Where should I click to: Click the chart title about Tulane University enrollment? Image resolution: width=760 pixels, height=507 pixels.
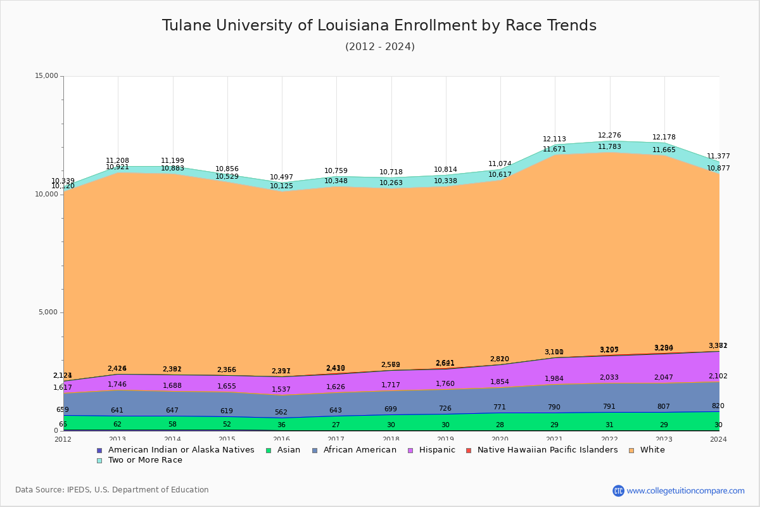[379, 25]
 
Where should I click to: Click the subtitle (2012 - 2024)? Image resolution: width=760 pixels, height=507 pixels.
[380, 47]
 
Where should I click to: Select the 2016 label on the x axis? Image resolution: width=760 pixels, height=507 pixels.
[281, 439]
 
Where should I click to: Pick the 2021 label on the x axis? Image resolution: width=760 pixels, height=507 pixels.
[554, 439]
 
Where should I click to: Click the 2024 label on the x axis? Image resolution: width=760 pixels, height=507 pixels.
[718, 439]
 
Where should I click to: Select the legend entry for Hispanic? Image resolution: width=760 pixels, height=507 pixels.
[433, 450]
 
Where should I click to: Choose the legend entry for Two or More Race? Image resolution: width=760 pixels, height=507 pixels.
[145, 460]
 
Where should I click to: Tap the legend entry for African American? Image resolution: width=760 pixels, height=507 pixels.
[360, 450]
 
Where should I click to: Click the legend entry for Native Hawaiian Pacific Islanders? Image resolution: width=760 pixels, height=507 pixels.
[547, 450]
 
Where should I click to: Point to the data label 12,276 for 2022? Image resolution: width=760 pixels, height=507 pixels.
[609, 136]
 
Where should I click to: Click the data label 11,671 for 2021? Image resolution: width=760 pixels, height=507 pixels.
[554, 150]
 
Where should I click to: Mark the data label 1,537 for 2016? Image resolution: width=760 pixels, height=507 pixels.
[281, 390]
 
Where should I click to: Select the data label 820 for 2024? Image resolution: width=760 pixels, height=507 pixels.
[718, 406]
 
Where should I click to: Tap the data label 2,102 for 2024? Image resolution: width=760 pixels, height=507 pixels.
[718, 376]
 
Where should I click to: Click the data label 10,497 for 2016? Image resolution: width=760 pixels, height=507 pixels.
[281, 177]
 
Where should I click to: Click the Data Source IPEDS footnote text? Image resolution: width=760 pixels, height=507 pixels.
[112, 490]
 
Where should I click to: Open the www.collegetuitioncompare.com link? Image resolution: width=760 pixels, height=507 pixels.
[685, 491]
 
